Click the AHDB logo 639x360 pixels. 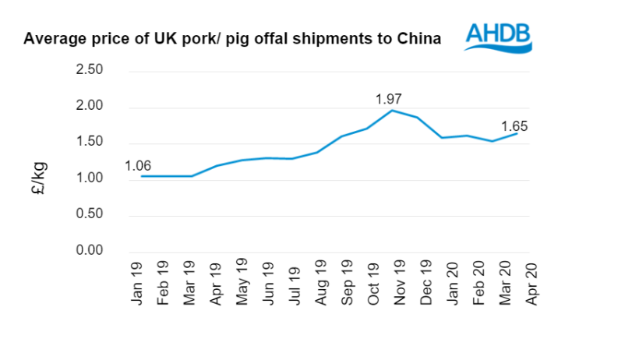(x=498, y=36)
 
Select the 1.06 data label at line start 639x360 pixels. (x=138, y=164)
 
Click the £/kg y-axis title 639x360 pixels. (x=41, y=178)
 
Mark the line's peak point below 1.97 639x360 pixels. (x=392, y=111)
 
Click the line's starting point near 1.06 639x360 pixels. (x=140, y=176)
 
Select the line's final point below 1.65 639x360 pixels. (x=517, y=133)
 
